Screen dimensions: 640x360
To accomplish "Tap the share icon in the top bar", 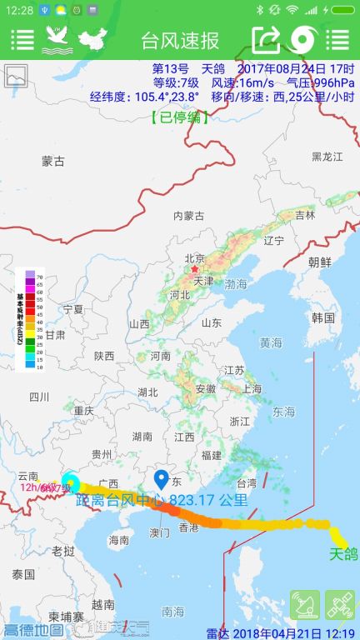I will [x=266, y=39].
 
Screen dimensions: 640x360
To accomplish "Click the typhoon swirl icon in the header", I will [x=301, y=39].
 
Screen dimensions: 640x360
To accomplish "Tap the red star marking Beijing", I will [x=195, y=269].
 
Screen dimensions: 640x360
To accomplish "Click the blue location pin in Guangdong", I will [x=162, y=480].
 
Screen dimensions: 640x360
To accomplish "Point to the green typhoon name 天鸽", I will [x=343, y=553].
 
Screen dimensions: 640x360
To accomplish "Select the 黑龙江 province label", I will [x=327, y=157].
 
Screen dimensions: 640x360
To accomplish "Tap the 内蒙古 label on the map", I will [x=188, y=216].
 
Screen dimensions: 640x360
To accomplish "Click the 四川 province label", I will [x=39, y=396].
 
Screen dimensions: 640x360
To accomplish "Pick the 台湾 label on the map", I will [x=247, y=482].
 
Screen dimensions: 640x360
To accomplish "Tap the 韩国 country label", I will [x=322, y=318].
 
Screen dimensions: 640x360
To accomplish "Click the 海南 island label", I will [x=119, y=540].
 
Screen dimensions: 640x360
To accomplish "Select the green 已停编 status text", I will [x=180, y=117].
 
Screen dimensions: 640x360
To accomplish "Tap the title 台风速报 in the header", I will [x=180, y=39].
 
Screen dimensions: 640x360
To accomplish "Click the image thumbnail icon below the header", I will [x=16, y=77].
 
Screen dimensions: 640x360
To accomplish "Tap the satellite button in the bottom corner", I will [x=339, y=605].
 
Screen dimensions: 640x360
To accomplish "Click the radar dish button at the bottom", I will [x=304, y=605].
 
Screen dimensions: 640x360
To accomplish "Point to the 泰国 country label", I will [x=23, y=574].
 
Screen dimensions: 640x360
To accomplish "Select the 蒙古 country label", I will [x=53, y=161].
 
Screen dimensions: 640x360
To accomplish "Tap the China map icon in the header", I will [x=93, y=39].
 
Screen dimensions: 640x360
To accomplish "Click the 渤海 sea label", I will [x=236, y=284].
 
